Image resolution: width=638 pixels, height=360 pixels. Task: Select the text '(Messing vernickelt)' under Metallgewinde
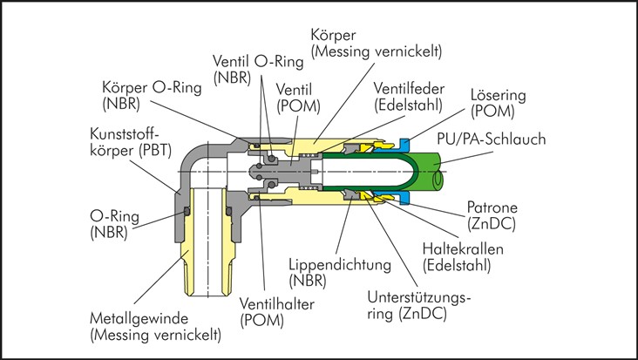point(156,334)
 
